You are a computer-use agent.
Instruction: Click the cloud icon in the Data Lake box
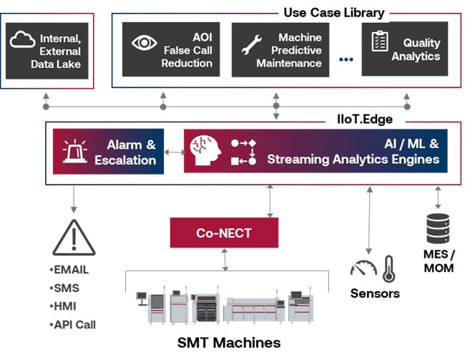coord(23,40)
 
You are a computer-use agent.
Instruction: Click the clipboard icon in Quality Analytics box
coord(378,41)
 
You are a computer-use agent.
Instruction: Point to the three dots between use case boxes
coord(346,59)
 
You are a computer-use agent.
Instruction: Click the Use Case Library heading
coord(333,12)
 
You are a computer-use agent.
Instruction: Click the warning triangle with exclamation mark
coord(74,237)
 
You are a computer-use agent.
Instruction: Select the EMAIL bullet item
coord(70,271)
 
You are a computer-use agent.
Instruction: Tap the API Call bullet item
coord(74,324)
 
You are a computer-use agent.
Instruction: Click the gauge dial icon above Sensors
coord(363,268)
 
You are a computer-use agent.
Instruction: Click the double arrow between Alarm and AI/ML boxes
coord(174,152)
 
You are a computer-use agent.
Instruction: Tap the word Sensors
coord(374,293)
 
